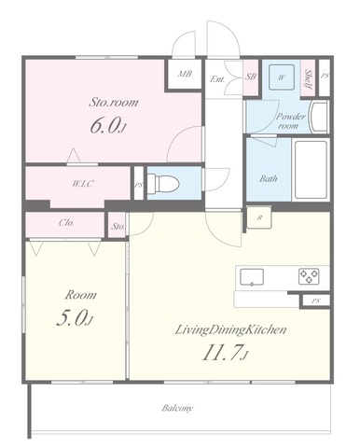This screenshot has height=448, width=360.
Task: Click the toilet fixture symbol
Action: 163,184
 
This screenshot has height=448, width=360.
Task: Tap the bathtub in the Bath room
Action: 311,170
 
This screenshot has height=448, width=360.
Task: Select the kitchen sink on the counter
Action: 252,277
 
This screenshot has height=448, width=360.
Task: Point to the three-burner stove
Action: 309,276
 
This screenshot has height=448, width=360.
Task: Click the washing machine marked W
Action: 282,77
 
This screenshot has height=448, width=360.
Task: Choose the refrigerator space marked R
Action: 259,217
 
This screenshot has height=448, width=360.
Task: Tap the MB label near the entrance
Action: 185,74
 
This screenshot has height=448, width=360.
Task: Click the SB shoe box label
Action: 251,77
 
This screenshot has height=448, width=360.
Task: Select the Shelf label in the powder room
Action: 308,78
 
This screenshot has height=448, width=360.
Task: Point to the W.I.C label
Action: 83,184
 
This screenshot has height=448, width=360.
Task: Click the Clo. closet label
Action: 66,223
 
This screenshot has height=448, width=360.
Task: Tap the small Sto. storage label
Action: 118,226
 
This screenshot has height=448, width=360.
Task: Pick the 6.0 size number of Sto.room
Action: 105,126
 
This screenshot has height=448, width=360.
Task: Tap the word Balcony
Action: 177,408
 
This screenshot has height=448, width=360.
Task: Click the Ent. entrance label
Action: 217,79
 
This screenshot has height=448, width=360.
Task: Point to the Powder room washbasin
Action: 319,117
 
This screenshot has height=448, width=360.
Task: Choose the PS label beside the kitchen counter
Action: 315,301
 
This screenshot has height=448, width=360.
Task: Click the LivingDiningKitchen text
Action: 230,329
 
